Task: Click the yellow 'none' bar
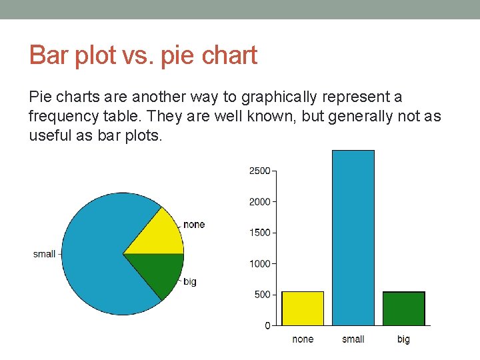click(x=303, y=308)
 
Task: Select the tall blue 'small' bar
click(x=353, y=237)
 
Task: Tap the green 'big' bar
click(x=403, y=308)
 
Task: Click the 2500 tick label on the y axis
click(x=260, y=171)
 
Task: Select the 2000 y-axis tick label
click(x=260, y=201)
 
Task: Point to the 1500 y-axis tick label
click(x=260, y=233)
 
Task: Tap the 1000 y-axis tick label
click(x=260, y=263)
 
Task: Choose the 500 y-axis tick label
click(x=262, y=295)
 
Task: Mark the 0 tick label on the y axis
click(x=267, y=325)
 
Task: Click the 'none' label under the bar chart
click(x=303, y=339)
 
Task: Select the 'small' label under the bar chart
click(x=353, y=339)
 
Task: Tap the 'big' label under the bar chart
click(x=403, y=339)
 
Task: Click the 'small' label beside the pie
click(x=44, y=254)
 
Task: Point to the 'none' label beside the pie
click(x=194, y=224)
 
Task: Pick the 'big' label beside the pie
click(x=190, y=281)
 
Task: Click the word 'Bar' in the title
click(x=47, y=55)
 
